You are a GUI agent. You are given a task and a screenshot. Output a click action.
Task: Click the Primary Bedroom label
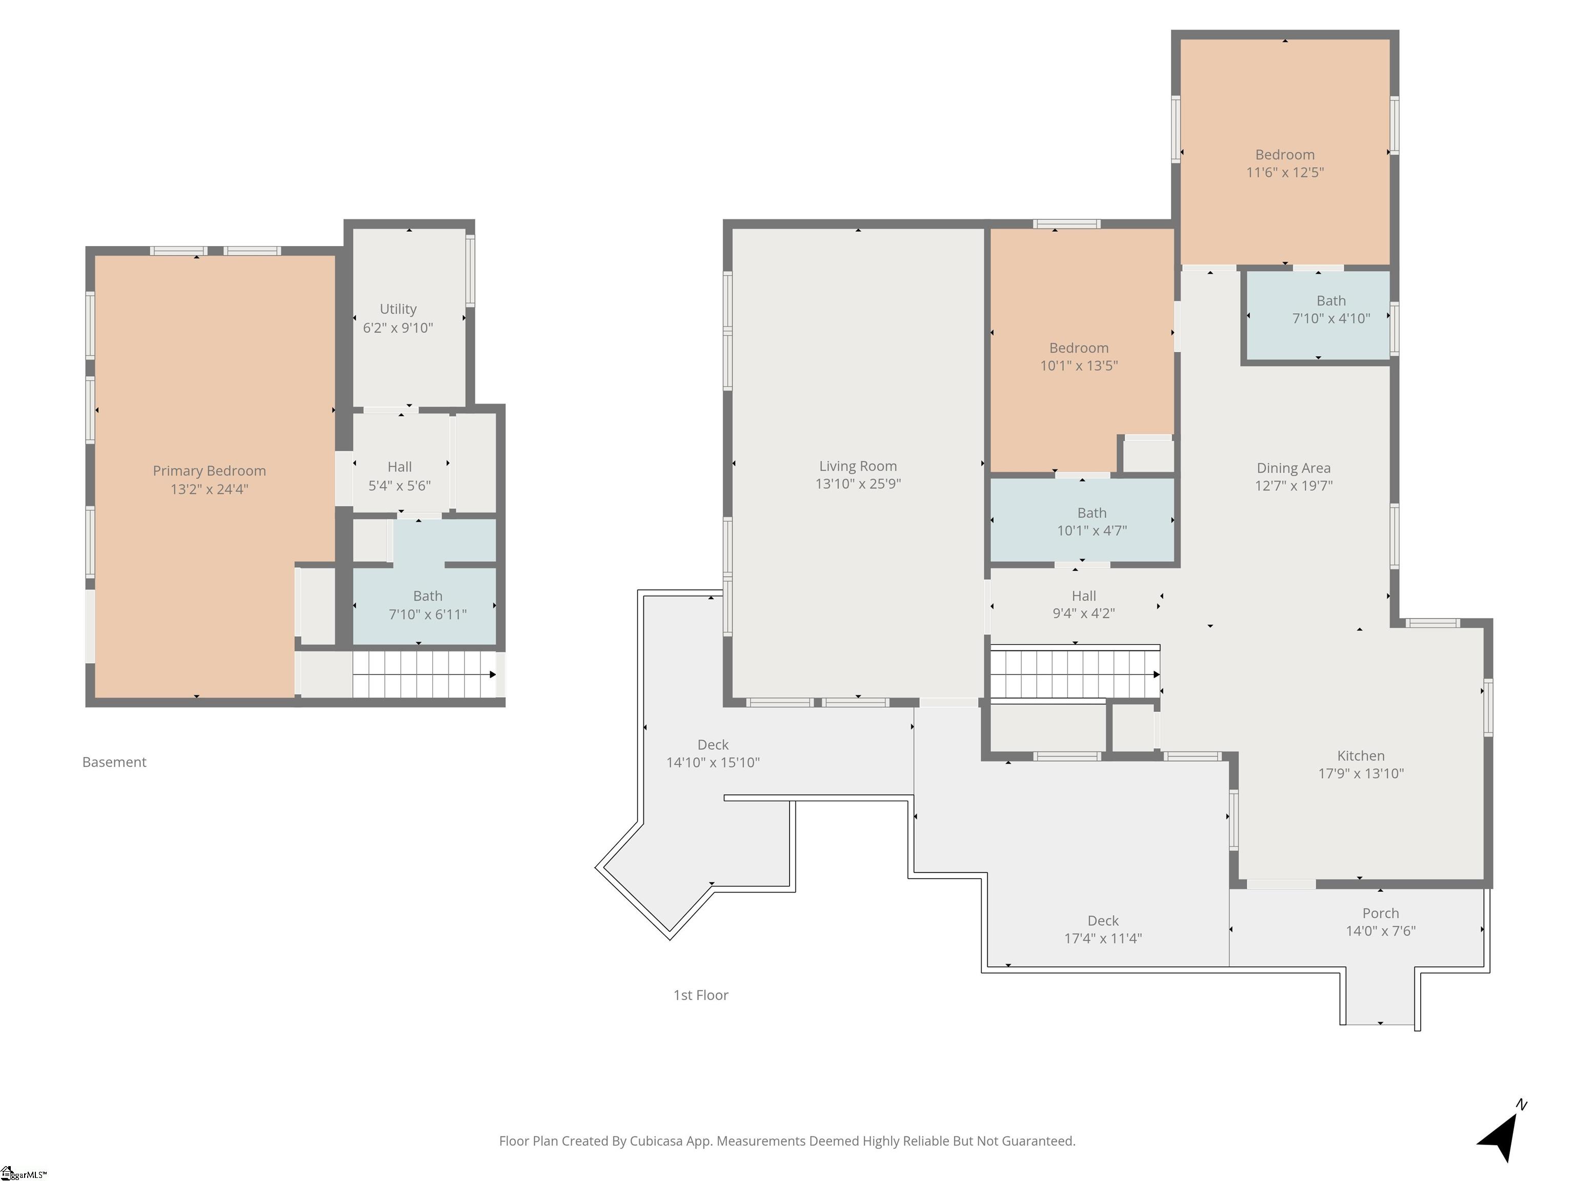[209, 471]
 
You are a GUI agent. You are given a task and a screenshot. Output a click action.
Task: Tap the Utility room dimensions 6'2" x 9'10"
[398, 328]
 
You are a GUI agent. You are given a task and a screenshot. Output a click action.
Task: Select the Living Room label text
[858, 466]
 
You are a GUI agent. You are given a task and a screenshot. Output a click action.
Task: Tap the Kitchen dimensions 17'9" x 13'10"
[1361, 773]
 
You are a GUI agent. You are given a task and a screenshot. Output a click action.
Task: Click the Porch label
[1381, 912]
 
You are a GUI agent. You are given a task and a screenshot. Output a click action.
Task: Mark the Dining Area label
[1294, 467]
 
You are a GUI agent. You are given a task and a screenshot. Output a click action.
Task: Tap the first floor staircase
[1075, 674]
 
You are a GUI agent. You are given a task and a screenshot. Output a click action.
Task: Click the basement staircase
[425, 674]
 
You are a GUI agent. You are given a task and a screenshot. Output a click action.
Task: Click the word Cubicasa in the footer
[656, 1141]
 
